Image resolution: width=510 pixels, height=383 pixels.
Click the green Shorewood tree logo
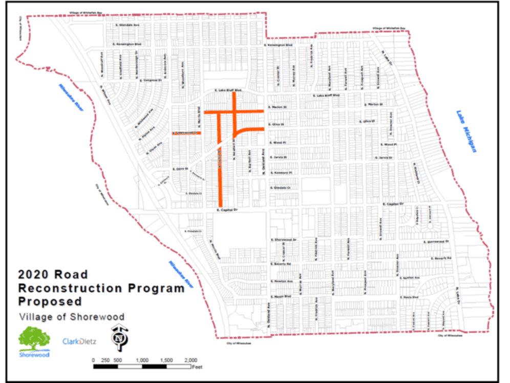click(x=35, y=340)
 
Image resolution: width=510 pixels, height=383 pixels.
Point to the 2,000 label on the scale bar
click(x=190, y=360)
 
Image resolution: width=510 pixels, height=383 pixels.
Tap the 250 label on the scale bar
click(x=106, y=360)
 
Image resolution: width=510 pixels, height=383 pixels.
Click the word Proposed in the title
click(x=50, y=301)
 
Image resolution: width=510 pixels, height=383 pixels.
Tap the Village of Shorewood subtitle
click(x=71, y=316)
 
